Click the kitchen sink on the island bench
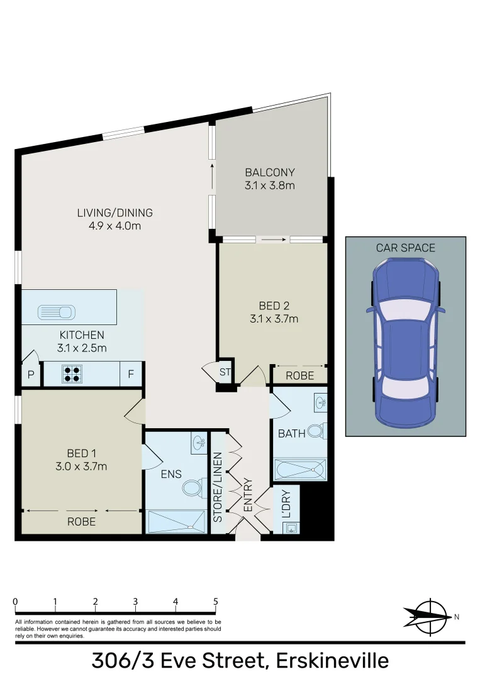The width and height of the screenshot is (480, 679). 57,311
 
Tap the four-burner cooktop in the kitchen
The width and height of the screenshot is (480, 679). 71,375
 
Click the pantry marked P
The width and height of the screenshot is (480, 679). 30,375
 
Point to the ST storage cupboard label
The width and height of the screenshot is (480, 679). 225,372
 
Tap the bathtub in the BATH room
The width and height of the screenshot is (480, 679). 300,470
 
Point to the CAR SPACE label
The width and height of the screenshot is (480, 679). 405,248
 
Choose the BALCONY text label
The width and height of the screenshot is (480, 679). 270,172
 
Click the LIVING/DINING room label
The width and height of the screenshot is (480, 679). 114,213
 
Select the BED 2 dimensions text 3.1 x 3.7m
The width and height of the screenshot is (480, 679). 274,319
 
